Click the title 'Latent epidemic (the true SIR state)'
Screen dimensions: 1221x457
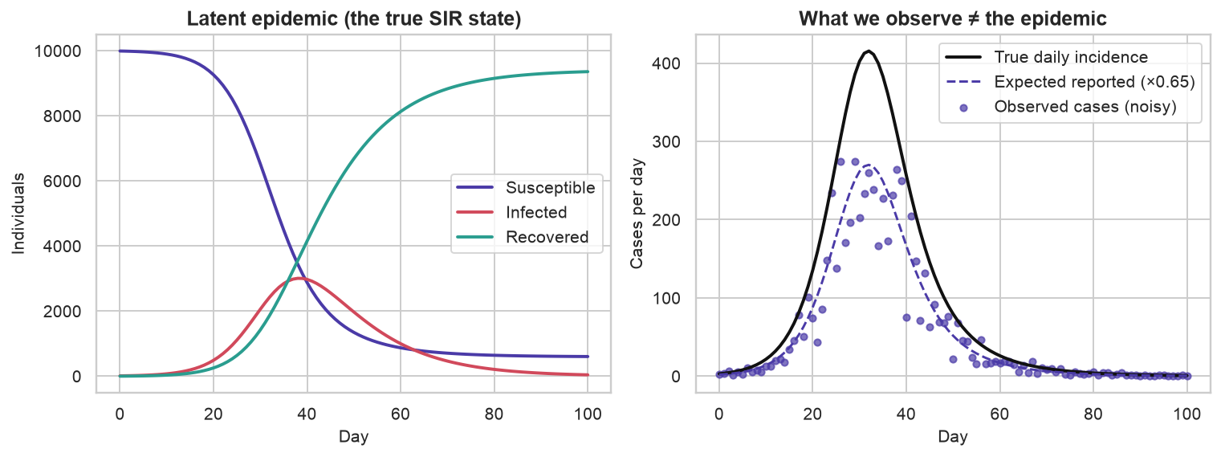354,19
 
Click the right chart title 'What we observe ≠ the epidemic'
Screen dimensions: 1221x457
953,19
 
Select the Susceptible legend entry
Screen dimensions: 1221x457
526,188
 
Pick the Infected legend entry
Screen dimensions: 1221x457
511,212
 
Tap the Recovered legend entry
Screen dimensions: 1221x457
522,237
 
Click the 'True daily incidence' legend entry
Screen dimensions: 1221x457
1047,57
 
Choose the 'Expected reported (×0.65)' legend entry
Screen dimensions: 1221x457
1070,82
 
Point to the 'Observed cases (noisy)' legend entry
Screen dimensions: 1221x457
1060,106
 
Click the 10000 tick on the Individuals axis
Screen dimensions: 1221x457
57,51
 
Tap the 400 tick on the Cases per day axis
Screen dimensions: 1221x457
665,63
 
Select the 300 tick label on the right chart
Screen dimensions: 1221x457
665,142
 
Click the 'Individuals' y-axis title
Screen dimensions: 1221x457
18,213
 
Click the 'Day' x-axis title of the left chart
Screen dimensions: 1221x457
354,436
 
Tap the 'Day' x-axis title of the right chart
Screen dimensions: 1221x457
953,436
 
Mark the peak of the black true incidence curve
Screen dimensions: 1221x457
869,51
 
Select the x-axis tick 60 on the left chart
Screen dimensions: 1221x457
400,414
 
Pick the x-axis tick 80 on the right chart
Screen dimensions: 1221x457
1093,414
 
